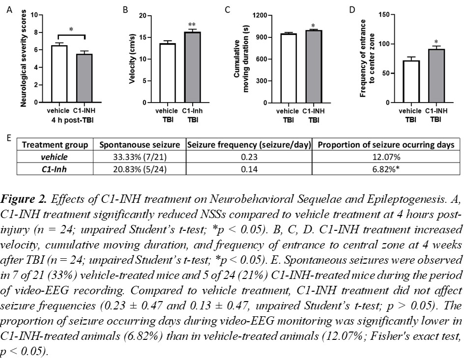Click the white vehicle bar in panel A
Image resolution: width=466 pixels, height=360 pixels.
coord(59,74)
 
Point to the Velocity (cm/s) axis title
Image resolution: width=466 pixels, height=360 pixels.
coord(132,59)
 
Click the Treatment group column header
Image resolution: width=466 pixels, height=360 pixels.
coord(55,145)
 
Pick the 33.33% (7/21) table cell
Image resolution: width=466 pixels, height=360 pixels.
coord(136,156)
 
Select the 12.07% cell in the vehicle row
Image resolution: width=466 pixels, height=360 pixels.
coord(387,156)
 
